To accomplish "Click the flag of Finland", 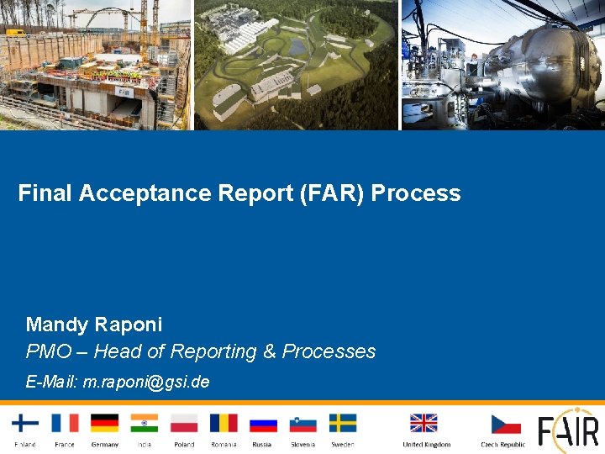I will pyautogui.click(x=25, y=423).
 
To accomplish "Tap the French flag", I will pyautogui.click(x=65, y=423).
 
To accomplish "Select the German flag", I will pyautogui.click(x=105, y=423).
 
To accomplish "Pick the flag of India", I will pyautogui.click(x=145, y=423).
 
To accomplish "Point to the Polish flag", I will pyautogui.click(x=184, y=423).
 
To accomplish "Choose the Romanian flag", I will pyautogui.click(x=224, y=423).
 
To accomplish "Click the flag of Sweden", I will pyautogui.click(x=342, y=423).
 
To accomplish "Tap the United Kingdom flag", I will pyautogui.click(x=423, y=423).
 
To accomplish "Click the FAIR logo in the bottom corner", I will pyautogui.click(x=569, y=430).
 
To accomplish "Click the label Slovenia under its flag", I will pyautogui.click(x=302, y=444).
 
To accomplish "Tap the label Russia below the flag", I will pyautogui.click(x=262, y=444).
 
